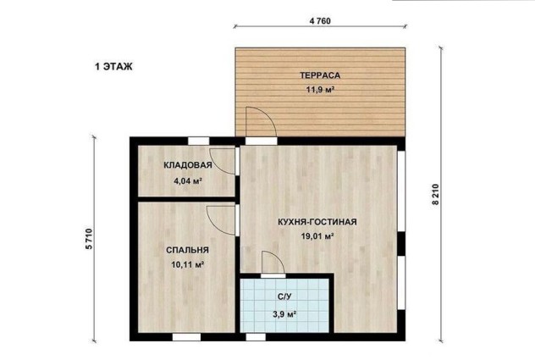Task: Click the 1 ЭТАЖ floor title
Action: tap(113, 66)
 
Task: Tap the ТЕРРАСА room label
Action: tap(320, 75)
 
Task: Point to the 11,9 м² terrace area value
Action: tap(320, 90)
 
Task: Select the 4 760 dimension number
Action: tap(320, 21)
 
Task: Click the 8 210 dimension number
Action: tap(436, 194)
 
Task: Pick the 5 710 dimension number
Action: tap(89, 239)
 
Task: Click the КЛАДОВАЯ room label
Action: tap(188, 165)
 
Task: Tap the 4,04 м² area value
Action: tap(188, 180)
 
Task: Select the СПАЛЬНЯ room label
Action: tap(187, 250)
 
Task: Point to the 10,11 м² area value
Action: tap(188, 264)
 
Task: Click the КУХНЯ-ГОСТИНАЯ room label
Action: tap(317, 222)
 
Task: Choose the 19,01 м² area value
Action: tap(317, 236)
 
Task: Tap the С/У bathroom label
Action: tap(284, 296)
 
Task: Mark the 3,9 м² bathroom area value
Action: tap(284, 314)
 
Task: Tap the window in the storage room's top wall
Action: tap(199, 141)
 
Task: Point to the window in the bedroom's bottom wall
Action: tap(186, 337)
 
